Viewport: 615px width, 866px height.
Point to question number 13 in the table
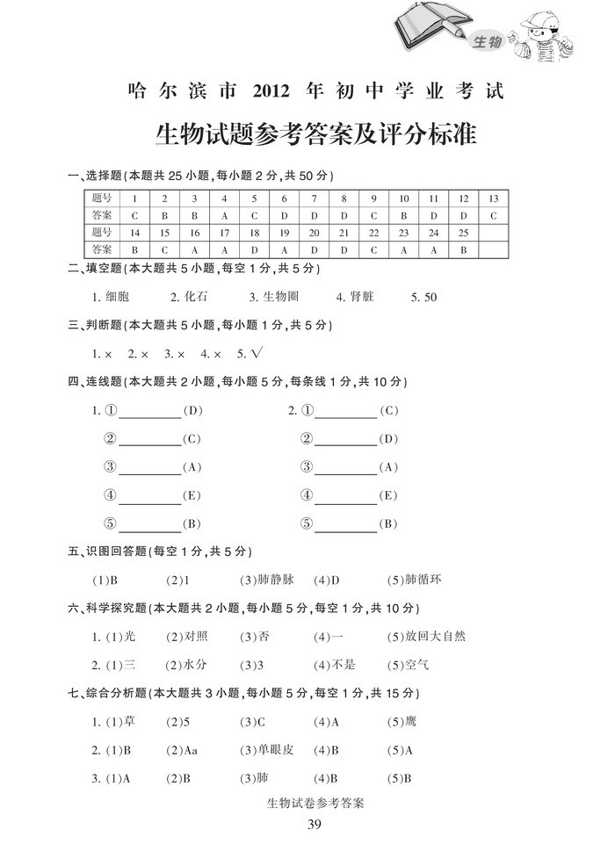coord(493,198)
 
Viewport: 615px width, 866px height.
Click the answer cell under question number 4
coord(224,215)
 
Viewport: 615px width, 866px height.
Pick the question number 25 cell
coord(463,233)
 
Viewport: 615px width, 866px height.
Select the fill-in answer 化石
coord(197,297)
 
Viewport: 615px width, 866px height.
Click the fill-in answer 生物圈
coord(281,297)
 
